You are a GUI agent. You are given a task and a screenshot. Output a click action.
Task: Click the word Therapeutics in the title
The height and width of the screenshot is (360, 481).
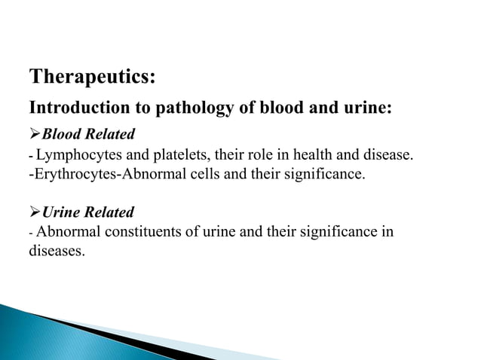coord(92,77)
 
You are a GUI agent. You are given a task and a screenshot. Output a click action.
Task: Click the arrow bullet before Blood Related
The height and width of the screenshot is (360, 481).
coord(34,135)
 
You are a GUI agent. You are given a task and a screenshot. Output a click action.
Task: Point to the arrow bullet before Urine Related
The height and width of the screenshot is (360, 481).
coord(34,212)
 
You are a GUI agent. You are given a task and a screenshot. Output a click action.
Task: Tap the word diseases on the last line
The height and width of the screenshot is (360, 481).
coord(57,252)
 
